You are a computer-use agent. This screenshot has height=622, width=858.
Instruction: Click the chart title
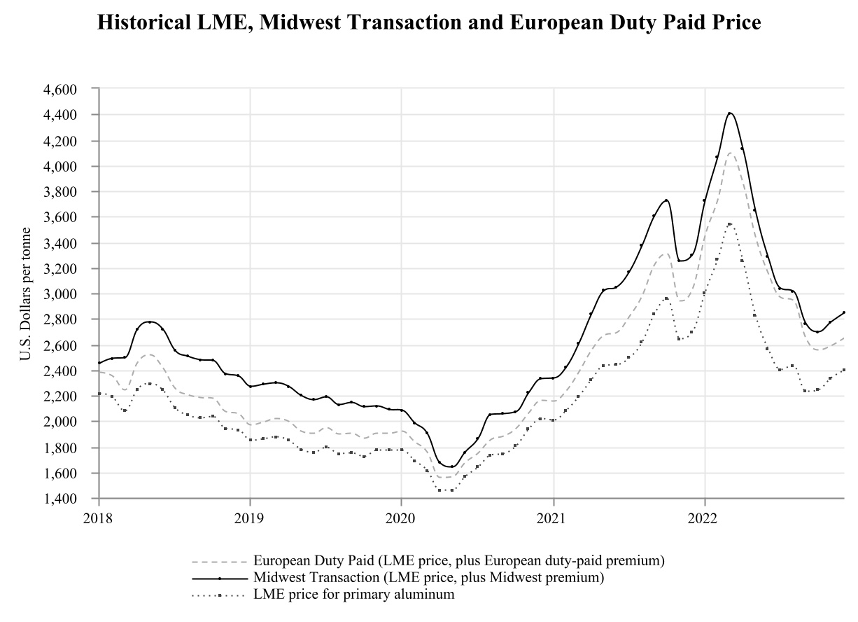(x=429, y=22)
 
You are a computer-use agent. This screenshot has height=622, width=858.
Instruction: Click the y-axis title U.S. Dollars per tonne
(x=25, y=294)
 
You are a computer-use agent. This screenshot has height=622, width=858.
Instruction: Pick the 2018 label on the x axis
(x=99, y=520)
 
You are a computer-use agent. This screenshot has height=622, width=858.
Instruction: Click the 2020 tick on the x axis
(x=402, y=520)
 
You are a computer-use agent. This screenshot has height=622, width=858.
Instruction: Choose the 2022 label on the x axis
(x=704, y=520)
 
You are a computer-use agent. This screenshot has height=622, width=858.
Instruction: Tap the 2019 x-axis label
(x=250, y=520)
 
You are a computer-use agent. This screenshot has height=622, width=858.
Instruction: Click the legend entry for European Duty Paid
(x=458, y=561)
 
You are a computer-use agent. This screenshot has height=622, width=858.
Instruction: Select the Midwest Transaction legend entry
(x=428, y=578)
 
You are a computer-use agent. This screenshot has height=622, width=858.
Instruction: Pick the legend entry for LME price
(x=354, y=595)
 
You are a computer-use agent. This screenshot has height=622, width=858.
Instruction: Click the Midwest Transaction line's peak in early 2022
(x=730, y=113)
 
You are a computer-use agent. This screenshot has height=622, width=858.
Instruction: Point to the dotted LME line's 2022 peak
(x=730, y=224)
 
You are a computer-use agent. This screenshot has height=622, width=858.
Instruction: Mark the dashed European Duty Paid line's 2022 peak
(x=731, y=153)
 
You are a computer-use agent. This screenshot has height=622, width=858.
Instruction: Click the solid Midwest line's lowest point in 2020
(x=451, y=466)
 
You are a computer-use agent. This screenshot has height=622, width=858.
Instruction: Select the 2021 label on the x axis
(x=553, y=520)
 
